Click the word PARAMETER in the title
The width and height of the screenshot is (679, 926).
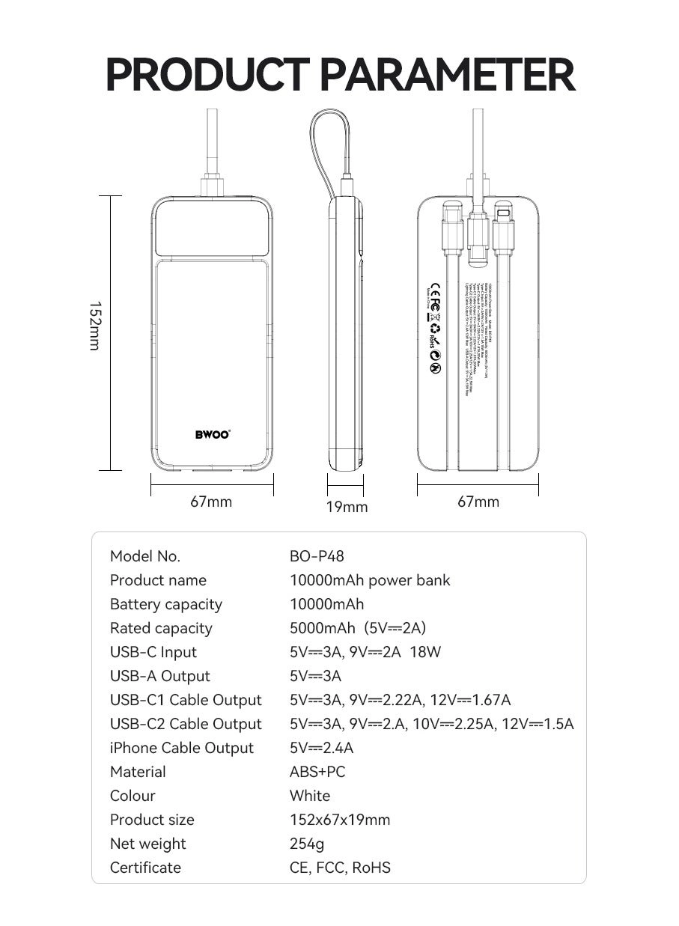tap(447, 74)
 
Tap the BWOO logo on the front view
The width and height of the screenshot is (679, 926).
tap(212, 434)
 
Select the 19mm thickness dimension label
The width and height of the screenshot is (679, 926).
tap(347, 508)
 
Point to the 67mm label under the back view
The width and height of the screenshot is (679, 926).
tap(478, 502)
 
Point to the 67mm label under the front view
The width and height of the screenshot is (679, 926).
tap(211, 502)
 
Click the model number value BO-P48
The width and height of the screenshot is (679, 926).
tap(317, 556)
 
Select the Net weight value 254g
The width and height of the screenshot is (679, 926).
tap(307, 844)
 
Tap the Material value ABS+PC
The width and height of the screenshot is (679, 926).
tap(317, 772)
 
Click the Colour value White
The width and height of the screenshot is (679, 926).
tap(310, 796)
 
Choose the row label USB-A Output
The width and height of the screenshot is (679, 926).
tap(160, 676)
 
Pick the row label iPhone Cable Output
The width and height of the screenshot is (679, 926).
tap(182, 748)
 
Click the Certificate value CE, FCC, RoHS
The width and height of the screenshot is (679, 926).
tap(340, 868)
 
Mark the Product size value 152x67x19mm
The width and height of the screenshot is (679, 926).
tap(340, 820)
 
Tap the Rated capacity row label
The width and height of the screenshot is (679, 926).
tap(161, 628)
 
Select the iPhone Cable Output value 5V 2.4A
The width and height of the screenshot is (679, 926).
tap(321, 748)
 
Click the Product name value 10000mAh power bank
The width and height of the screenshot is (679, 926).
tap(370, 580)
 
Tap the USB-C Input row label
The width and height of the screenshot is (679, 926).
tap(153, 652)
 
